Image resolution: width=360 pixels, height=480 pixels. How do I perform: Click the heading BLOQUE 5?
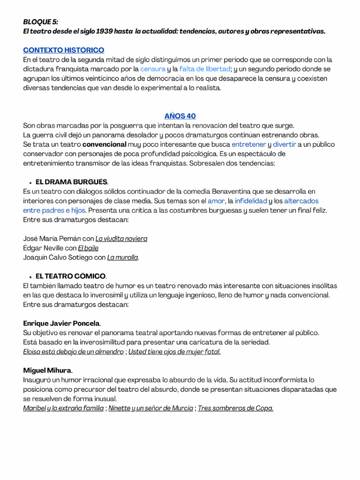tap(41, 22)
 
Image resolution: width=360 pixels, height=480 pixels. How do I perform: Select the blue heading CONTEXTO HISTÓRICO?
tap(64, 50)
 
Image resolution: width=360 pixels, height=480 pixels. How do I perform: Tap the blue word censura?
tap(153, 69)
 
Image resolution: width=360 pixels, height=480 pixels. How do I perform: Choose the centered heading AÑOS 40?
tap(180, 116)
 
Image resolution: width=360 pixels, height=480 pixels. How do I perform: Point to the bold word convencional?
tap(105, 144)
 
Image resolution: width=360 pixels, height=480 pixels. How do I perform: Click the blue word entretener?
tap(248, 144)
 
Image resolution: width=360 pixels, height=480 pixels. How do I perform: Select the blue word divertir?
tap(285, 144)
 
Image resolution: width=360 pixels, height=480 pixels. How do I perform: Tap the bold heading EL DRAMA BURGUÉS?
tap(72, 182)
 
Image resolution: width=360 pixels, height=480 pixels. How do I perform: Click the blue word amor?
tap(216, 201)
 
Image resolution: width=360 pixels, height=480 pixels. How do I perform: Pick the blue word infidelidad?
tap(251, 201)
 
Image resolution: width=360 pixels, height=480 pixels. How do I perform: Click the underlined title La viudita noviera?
tap(121, 239)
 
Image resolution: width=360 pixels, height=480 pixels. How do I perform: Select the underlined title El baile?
tap(88, 248)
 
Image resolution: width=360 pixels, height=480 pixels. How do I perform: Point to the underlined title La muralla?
tap(123, 257)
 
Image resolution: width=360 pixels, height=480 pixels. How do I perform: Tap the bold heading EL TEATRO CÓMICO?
tap(71, 276)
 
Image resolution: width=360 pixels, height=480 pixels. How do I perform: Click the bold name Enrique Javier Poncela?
tap(61, 323)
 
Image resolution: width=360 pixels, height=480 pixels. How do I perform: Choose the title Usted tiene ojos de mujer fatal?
tap(174, 352)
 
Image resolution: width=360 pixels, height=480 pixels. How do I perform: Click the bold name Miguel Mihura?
tap(47, 370)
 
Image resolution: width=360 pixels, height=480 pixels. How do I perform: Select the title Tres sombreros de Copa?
tap(235, 408)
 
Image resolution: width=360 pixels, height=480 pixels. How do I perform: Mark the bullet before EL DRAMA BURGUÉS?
tap(30, 182)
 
